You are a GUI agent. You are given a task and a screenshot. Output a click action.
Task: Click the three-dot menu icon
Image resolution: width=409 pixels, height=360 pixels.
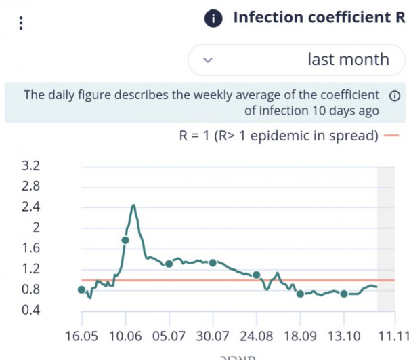(22, 23)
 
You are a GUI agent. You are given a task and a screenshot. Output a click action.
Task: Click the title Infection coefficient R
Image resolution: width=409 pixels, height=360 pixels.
(319, 18)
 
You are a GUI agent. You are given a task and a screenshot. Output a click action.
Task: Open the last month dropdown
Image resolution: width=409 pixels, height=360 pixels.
(292, 60)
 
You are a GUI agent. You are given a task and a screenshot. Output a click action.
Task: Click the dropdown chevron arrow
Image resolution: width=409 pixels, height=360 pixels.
(208, 60)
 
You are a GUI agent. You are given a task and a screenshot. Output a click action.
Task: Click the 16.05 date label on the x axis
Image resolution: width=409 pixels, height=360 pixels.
(82, 336)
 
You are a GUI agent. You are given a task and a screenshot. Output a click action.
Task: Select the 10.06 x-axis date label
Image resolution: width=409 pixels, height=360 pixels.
(125, 336)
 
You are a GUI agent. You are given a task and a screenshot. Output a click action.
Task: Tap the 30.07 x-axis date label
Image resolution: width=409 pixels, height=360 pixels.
(213, 336)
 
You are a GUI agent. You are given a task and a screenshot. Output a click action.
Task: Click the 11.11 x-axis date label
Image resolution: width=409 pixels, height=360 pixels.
(393, 336)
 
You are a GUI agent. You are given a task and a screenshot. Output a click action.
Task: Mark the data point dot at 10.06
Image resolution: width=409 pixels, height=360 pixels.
(125, 240)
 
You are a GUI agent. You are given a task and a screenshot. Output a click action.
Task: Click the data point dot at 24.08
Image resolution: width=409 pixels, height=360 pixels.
(257, 275)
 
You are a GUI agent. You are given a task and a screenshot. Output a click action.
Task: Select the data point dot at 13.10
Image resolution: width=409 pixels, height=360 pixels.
(344, 294)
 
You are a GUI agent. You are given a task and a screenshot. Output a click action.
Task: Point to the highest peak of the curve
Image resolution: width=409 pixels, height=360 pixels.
(133, 205)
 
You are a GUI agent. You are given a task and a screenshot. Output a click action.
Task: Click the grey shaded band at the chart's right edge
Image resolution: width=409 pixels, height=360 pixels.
(385, 237)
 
